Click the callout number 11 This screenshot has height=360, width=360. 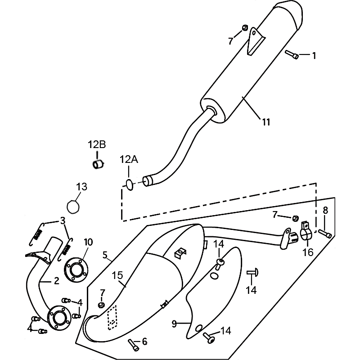[266, 121]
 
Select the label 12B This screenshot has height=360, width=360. [97, 144]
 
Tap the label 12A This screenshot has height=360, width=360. [129, 159]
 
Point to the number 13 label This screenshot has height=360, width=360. [81, 187]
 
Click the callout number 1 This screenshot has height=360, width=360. [314, 56]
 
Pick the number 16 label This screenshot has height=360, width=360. [308, 252]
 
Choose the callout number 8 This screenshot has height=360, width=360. [325, 210]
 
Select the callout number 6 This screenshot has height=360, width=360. [144, 342]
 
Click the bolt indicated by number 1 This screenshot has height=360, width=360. [292, 55]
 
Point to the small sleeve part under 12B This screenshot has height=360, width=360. [98, 164]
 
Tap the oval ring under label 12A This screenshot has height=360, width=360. [129, 184]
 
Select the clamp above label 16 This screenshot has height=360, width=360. [306, 233]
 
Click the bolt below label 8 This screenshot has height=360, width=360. [325, 234]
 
